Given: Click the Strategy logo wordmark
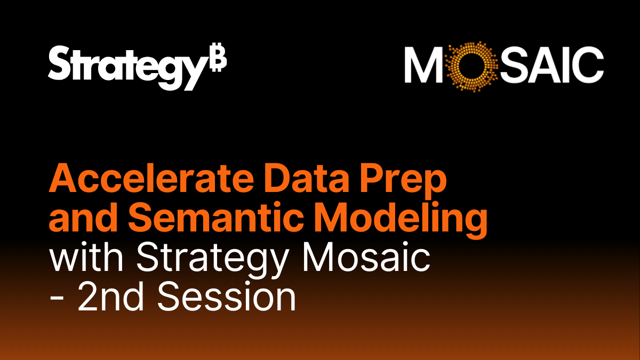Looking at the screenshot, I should coord(126,67).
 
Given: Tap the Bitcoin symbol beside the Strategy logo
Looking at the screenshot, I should coord(218,62).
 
